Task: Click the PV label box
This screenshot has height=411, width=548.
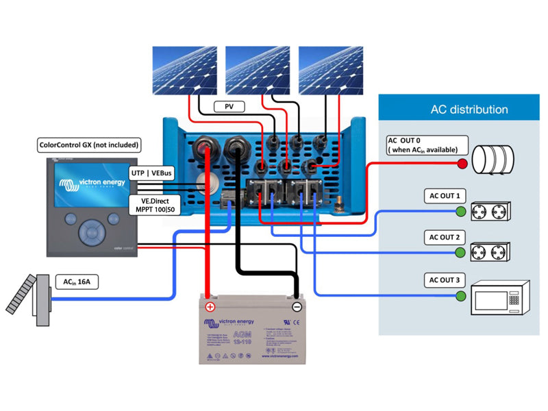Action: (228, 107)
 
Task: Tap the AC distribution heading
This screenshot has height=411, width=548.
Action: (469, 110)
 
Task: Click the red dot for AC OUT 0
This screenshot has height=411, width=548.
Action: (462, 164)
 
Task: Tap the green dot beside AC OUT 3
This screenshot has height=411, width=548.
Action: (461, 297)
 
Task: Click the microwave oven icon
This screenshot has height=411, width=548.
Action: (499, 298)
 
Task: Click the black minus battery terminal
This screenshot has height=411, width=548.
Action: (297, 306)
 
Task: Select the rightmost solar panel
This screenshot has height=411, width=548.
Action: (331, 71)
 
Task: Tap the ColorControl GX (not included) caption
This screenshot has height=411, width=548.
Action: (89, 145)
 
